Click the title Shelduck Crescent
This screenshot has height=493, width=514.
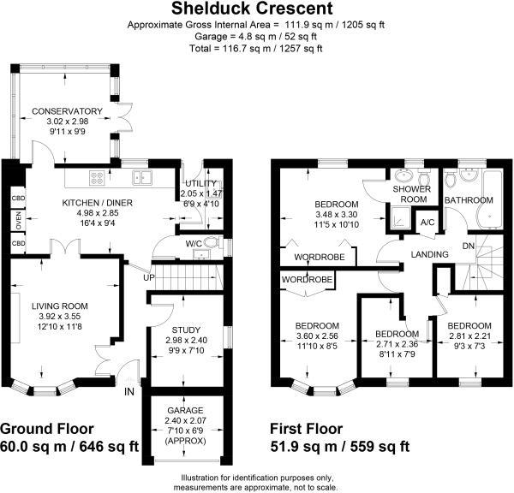click(252, 9)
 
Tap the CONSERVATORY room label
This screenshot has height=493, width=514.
click(67, 111)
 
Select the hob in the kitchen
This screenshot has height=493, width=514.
click(97, 178)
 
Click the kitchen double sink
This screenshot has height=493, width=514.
click(142, 177)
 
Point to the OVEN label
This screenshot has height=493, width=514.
click(18, 221)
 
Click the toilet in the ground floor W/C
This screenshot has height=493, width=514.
click(212, 243)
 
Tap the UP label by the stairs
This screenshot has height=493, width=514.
click(149, 278)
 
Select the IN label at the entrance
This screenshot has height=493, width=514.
click(129, 391)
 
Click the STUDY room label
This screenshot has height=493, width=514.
click(186, 330)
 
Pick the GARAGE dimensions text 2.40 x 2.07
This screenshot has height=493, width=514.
click(186, 420)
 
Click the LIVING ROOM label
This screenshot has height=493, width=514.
click(60, 306)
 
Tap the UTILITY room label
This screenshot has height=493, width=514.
click(201, 183)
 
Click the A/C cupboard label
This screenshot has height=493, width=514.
click(427, 223)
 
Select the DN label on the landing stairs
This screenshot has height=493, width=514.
click(469, 246)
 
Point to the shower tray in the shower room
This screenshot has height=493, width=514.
click(399, 217)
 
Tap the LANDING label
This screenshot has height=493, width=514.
click(430, 254)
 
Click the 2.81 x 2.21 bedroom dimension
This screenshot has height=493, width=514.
click(469, 336)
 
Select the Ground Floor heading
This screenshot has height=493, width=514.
click(47, 429)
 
